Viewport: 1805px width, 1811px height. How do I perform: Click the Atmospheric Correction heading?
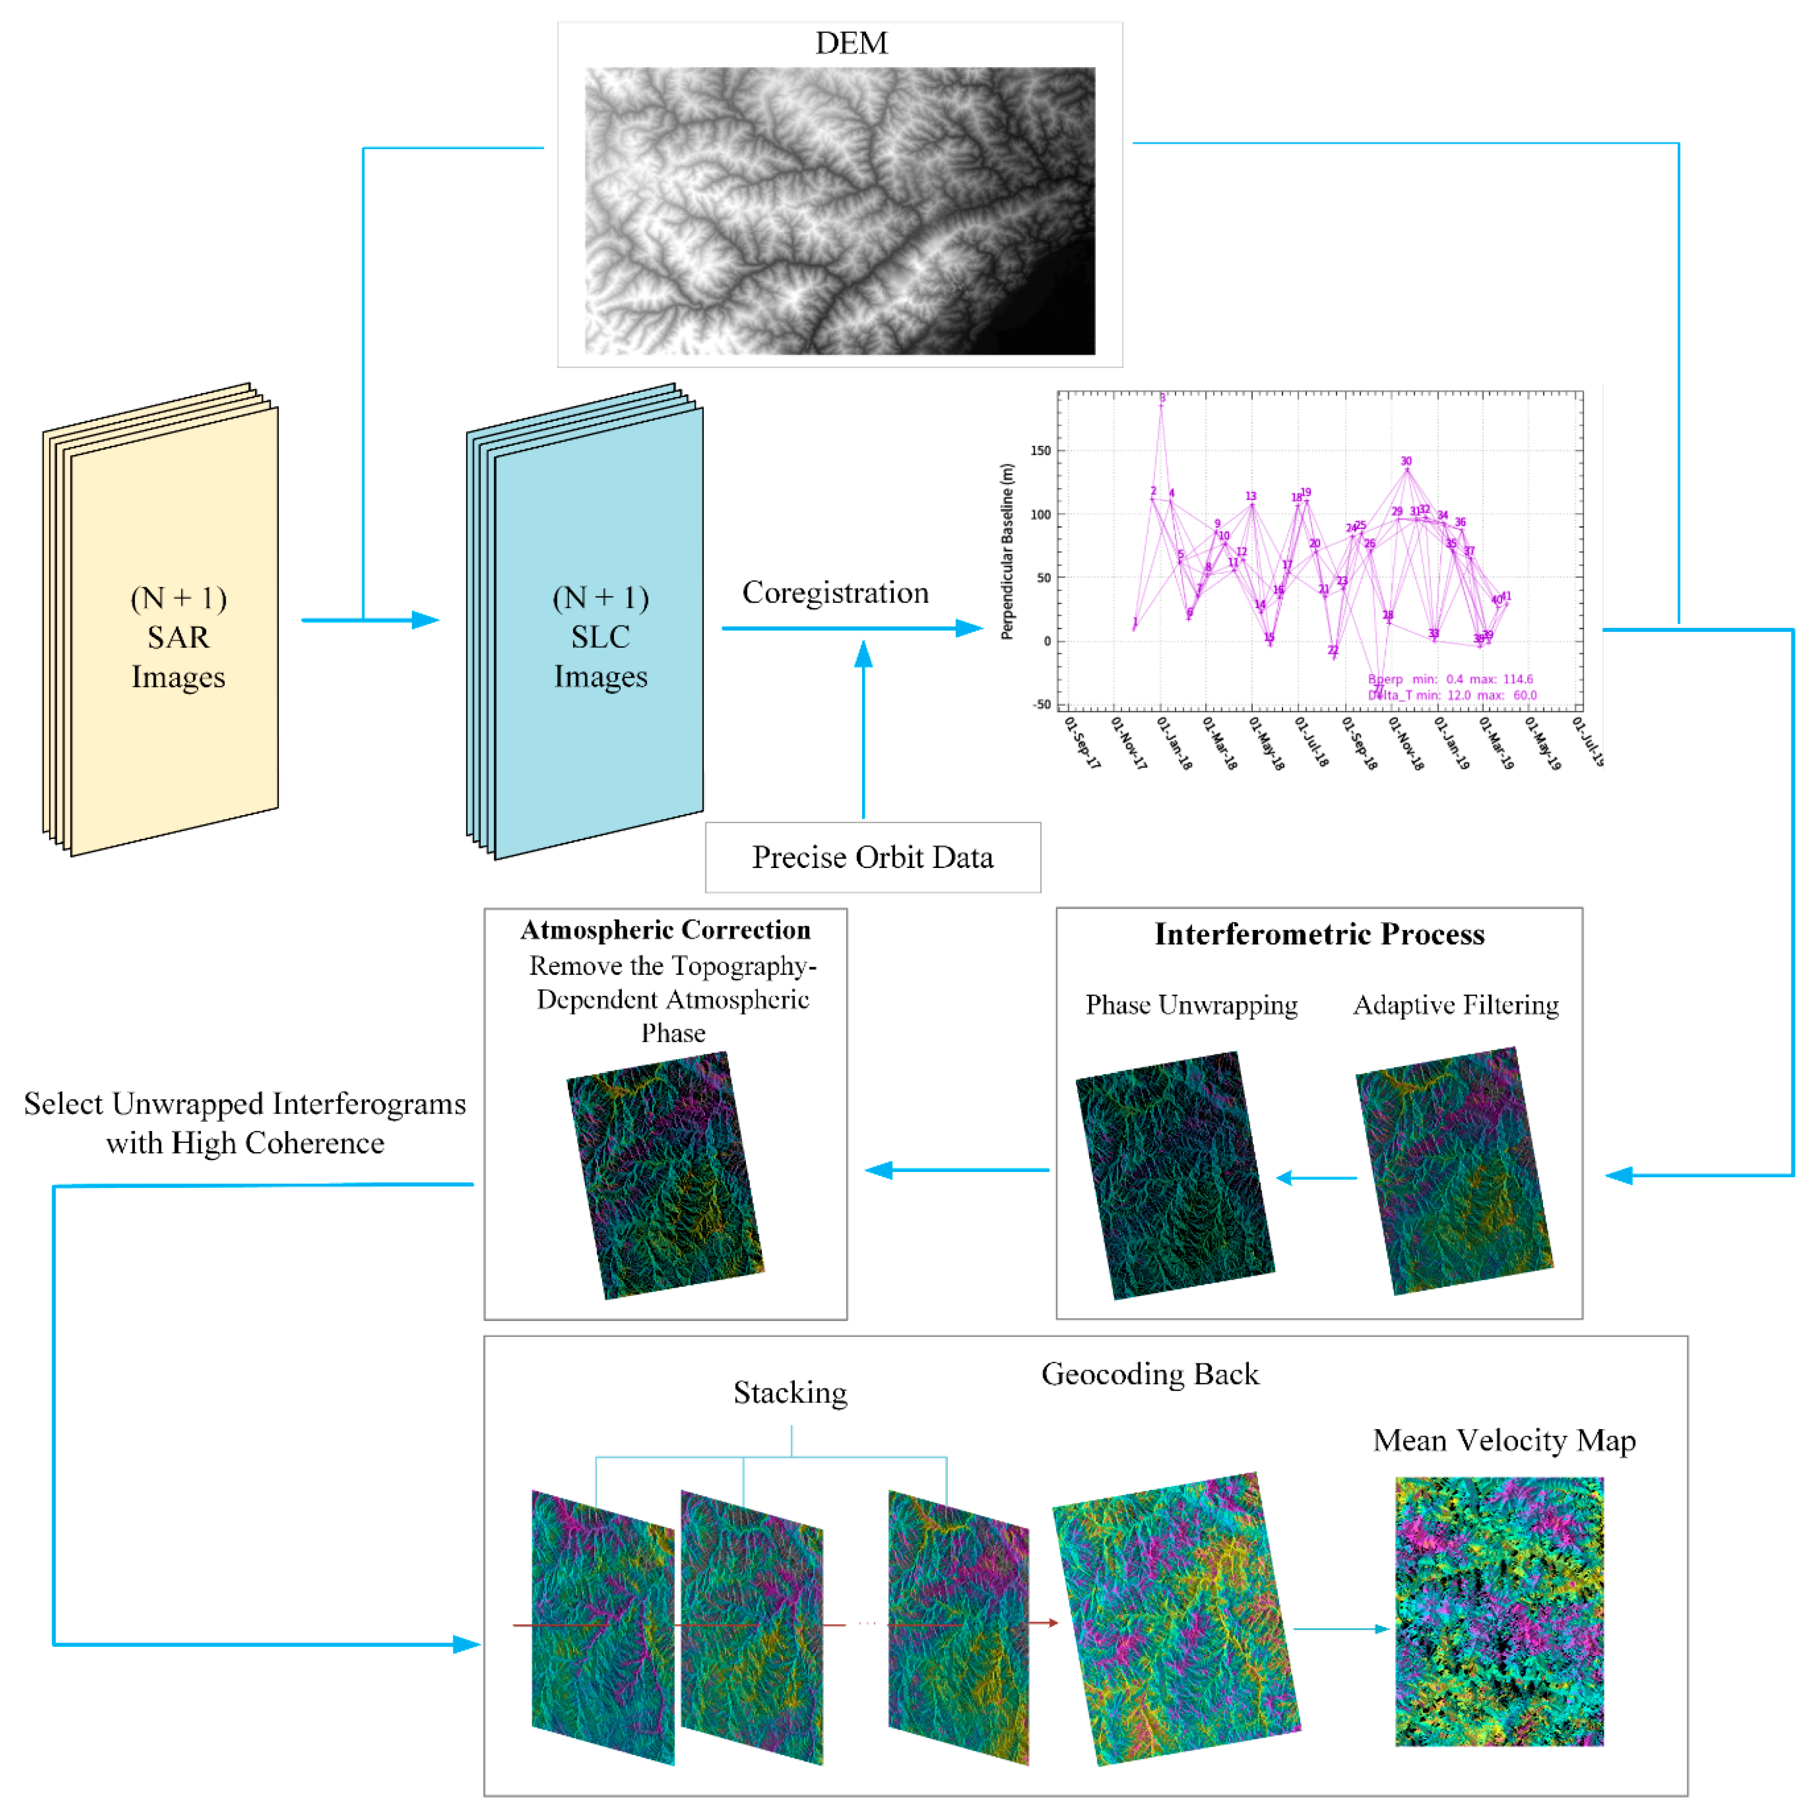(x=666, y=930)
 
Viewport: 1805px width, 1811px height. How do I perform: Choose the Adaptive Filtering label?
(x=1456, y=1005)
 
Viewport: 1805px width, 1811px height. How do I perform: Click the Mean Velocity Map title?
(x=1503, y=1440)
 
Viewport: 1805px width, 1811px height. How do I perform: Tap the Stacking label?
(x=790, y=1393)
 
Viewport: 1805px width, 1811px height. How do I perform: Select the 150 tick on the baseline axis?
(x=1040, y=451)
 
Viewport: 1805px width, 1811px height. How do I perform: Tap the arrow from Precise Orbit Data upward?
(x=863, y=722)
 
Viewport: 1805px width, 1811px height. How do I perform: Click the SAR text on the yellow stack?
(x=178, y=638)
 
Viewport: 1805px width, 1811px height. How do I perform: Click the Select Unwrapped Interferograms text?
(x=244, y=1104)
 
